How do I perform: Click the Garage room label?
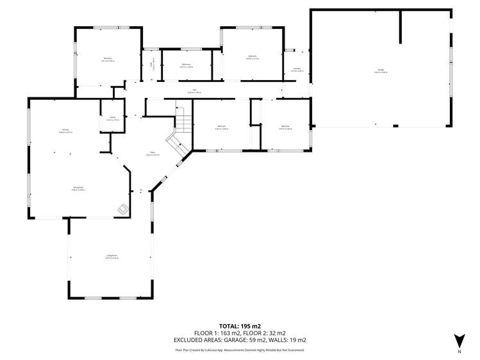coord(381,70)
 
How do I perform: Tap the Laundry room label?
coord(296,69)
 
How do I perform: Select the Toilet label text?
coord(152,65)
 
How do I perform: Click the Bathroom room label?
coord(186,65)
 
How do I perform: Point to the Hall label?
coord(194,91)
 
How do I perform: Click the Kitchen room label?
coord(66,131)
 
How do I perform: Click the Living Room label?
coord(112,256)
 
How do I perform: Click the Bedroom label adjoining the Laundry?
coord(252,57)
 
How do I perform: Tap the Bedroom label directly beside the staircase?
coord(222,127)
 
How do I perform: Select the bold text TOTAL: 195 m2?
coord(239,326)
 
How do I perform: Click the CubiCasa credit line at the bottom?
coord(239,350)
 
